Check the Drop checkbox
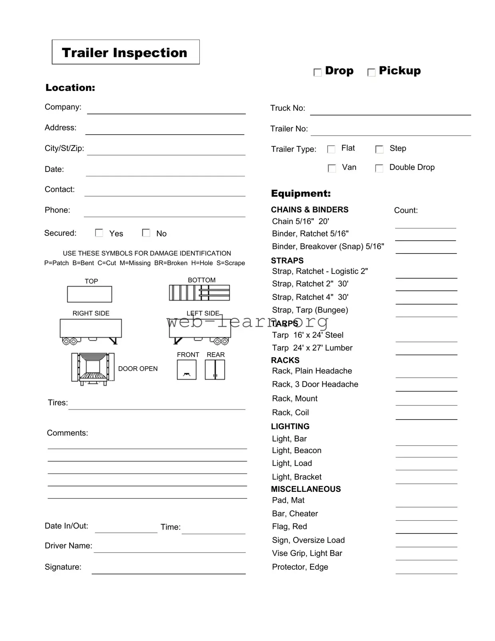(318, 72)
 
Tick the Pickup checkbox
(371, 72)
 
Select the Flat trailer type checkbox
(331, 149)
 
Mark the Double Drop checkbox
(379, 168)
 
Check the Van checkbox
(332, 168)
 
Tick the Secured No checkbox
(146, 233)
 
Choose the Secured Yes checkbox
(99, 233)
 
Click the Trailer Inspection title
(125, 52)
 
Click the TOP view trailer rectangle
(89, 294)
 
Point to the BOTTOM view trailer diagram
(199, 293)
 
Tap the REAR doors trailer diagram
(215, 369)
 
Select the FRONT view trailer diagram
(187, 369)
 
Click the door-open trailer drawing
(93, 369)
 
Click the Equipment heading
(301, 194)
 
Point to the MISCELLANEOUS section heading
(306, 489)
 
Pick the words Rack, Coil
(290, 413)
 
